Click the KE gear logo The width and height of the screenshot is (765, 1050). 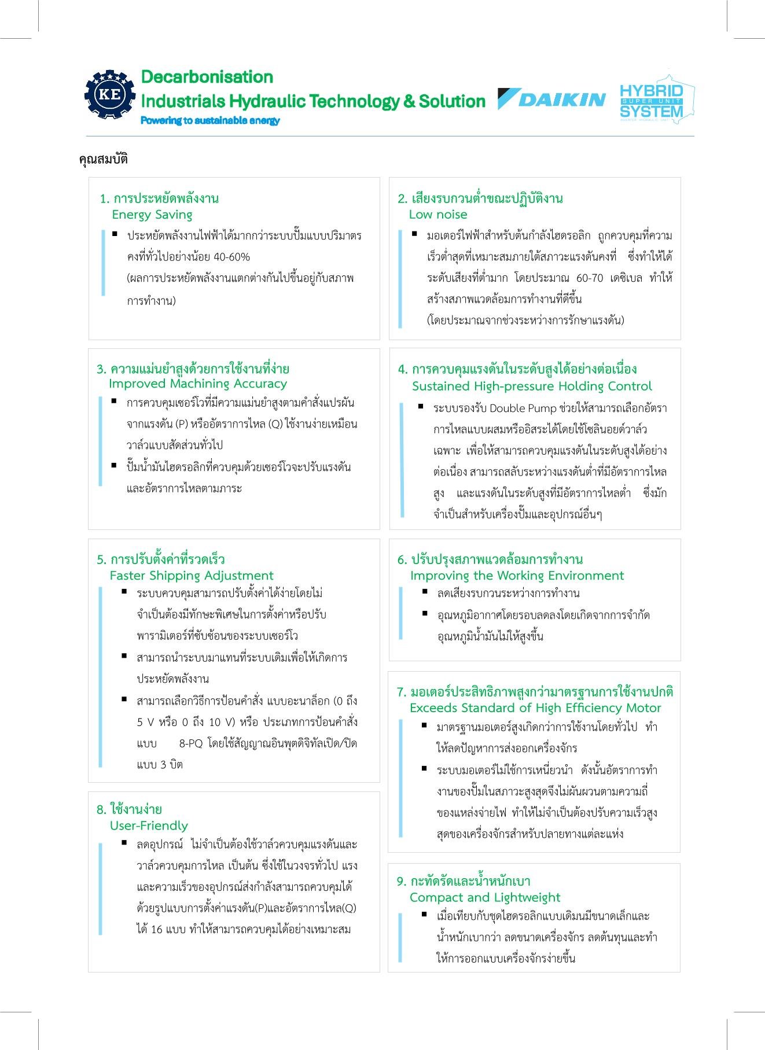(x=109, y=94)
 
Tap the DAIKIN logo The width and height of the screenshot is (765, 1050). (x=551, y=100)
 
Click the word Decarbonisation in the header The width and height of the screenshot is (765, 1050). (x=207, y=77)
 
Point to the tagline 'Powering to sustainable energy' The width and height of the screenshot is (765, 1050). (x=210, y=120)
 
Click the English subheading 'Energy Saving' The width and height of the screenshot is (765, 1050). (x=152, y=215)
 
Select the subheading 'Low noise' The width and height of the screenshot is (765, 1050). (x=437, y=215)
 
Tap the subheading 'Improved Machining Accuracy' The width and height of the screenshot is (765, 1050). (x=197, y=384)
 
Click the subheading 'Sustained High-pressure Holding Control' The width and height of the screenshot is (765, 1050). (x=531, y=386)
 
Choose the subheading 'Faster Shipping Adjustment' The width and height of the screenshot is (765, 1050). (x=191, y=576)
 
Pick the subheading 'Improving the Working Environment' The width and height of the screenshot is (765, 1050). (x=517, y=576)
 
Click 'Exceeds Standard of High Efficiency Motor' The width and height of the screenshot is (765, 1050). (x=535, y=708)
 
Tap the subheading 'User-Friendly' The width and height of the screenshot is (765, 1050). (x=149, y=826)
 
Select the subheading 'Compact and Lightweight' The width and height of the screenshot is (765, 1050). (x=484, y=897)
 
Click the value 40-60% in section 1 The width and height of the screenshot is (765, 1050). (x=231, y=257)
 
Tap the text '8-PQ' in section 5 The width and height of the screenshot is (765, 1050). (x=190, y=743)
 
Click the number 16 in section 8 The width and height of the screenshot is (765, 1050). (x=156, y=930)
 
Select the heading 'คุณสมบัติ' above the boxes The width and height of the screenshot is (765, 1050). (x=103, y=159)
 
